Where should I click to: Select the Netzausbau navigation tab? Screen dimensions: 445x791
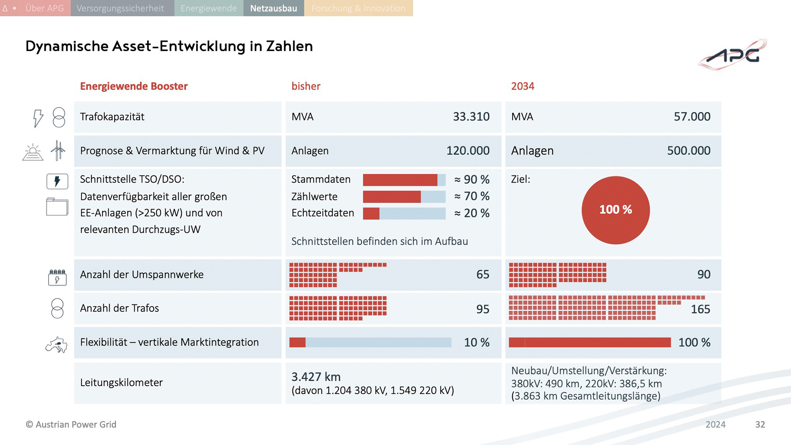tap(274, 8)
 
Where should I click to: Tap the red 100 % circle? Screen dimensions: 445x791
tap(615, 210)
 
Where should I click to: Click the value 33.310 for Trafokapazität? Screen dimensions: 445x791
tap(471, 117)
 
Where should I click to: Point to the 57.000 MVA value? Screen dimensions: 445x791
tap(692, 117)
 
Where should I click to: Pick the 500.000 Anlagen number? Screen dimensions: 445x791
tap(688, 150)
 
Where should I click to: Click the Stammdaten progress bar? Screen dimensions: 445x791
tap(404, 180)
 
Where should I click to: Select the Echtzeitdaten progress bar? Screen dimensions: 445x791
tap(404, 213)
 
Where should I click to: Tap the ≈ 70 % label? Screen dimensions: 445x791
tap(472, 196)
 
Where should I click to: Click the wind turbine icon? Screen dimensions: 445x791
tap(58, 150)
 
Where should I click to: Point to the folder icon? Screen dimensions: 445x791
tap(57, 207)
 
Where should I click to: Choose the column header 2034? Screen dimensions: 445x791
tap(522, 86)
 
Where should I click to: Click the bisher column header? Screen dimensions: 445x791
tap(306, 86)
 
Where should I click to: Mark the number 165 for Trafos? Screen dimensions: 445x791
tap(700, 309)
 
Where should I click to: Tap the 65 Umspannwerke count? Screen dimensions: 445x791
tap(482, 274)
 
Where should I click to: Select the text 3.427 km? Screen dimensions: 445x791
tap(316, 377)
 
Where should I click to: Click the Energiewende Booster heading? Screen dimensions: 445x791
tap(133, 86)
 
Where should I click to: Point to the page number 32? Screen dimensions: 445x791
tap(760, 424)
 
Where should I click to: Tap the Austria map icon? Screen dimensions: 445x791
tap(56, 344)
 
